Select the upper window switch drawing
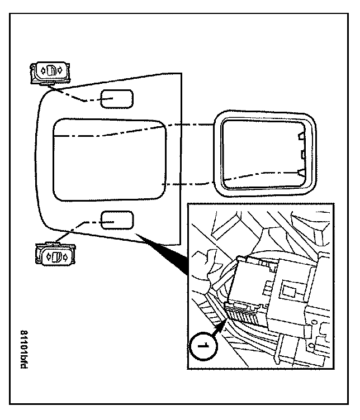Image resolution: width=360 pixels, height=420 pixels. coord(50,72)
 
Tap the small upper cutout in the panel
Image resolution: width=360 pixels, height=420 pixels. coord(116,99)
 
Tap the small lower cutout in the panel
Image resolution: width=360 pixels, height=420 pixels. coord(117,221)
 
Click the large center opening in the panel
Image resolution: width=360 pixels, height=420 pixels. coord(110,159)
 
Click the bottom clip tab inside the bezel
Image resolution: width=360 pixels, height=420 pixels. coord(302,174)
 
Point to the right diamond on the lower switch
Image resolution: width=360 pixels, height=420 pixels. coord(67,257)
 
